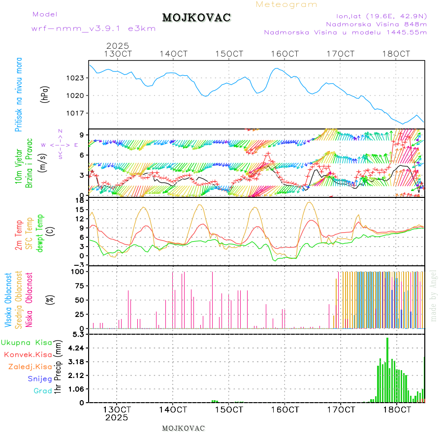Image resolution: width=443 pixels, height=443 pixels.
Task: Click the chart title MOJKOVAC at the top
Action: [x=196, y=18]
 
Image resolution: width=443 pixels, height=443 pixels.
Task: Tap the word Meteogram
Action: [x=286, y=4]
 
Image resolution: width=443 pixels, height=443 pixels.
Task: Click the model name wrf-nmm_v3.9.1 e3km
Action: [x=94, y=29]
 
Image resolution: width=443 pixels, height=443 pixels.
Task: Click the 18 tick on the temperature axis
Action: [x=79, y=200]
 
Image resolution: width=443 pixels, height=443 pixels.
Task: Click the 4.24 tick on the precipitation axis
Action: [x=75, y=348]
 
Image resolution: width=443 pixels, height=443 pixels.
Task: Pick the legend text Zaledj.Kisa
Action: [x=30, y=367]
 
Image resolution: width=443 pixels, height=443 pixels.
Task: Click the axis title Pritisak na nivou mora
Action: [x=19, y=95]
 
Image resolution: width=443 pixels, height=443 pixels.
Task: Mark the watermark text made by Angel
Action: [x=434, y=295]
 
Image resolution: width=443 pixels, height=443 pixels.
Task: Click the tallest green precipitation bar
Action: [x=387, y=369]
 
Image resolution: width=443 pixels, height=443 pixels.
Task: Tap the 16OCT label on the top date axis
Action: [x=285, y=54]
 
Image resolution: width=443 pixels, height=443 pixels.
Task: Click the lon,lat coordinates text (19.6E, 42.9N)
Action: [x=381, y=16]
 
